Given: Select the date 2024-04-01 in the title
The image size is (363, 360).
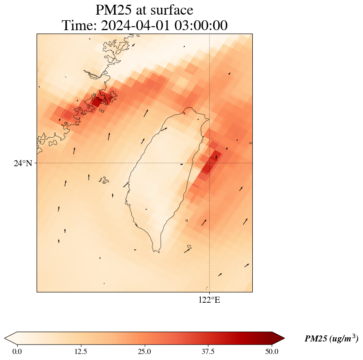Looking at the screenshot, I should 136,25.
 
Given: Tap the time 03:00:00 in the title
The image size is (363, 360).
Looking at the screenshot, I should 201,25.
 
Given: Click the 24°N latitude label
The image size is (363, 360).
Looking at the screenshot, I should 23,163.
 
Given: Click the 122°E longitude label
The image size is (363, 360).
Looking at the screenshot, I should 209,300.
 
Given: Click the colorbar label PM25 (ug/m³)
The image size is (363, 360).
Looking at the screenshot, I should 331,339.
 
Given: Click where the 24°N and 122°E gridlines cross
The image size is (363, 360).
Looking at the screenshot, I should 209,163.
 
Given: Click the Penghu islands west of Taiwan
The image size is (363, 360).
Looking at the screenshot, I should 103,180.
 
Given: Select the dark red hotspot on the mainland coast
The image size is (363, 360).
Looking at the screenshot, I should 97,102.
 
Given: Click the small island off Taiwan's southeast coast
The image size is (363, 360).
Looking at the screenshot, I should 186,221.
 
